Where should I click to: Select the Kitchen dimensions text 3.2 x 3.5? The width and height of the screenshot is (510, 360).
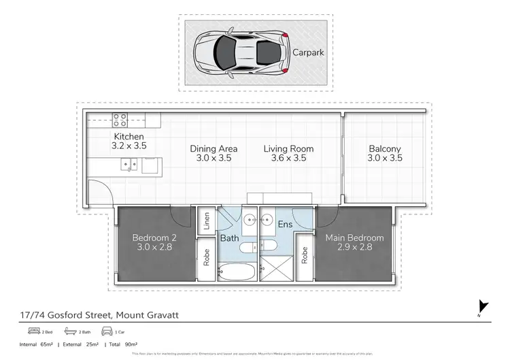[x=129, y=146]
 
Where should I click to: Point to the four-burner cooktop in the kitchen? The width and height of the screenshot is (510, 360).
[x=120, y=120]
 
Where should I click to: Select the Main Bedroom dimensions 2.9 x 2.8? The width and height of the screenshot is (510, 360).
[x=354, y=248]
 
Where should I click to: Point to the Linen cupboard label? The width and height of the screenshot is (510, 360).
[x=205, y=223]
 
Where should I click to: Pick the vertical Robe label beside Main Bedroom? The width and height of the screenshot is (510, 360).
[x=305, y=255]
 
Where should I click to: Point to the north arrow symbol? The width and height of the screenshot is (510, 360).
[x=483, y=307]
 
